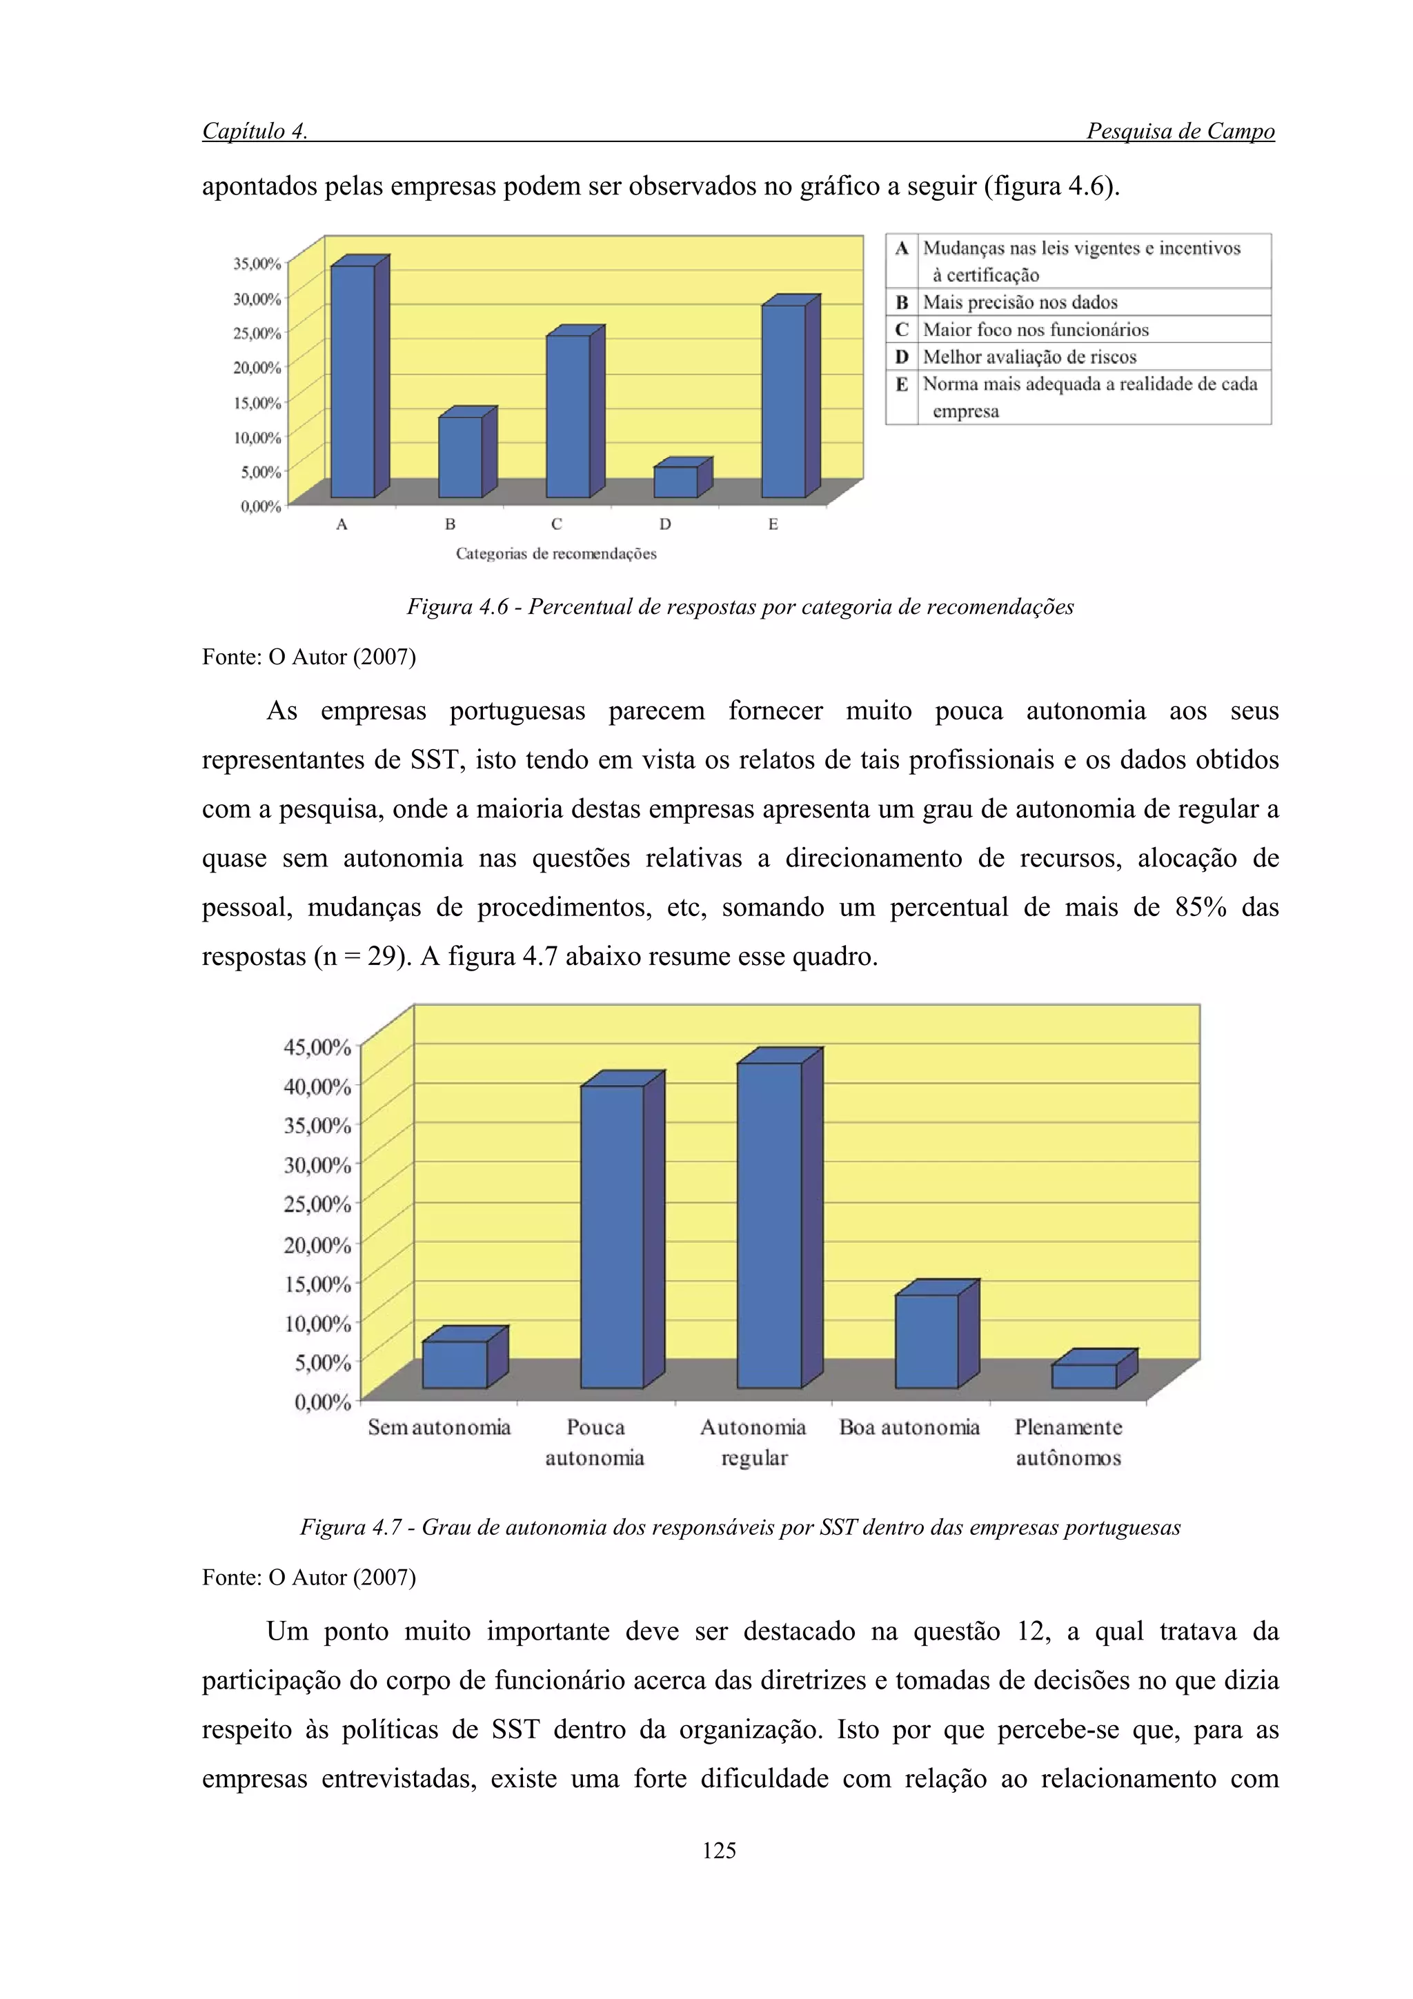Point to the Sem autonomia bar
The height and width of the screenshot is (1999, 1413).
click(x=455, y=1364)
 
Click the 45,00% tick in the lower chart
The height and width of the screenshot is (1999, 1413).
click(x=317, y=1046)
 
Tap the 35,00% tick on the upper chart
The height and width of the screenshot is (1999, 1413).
click(x=257, y=263)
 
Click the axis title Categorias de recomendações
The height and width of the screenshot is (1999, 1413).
click(x=556, y=554)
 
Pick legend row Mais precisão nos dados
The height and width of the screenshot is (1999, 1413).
click(x=1020, y=302)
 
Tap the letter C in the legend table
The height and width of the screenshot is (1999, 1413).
click(x=902, y=329)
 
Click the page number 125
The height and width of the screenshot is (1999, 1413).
click(x=719, y=1850)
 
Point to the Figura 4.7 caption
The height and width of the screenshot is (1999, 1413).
click(x=740, y=1526)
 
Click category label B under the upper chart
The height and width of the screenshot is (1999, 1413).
click(x=449, y=524)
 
